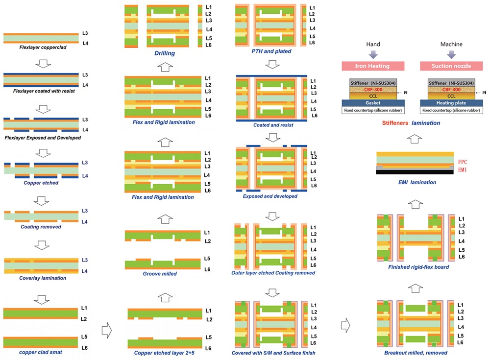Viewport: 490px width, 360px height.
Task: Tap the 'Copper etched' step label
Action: coord(41,182)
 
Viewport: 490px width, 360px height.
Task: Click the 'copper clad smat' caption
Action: coord(40,352)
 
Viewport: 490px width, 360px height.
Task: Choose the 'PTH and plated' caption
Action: coord(271,51)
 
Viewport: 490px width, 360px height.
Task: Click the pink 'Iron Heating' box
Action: coord(372,66)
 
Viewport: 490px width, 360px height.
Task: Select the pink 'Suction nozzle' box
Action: coord(451,66)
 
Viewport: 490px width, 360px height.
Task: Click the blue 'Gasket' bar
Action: coord(373,103)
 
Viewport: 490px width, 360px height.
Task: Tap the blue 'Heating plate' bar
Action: coord(451,103)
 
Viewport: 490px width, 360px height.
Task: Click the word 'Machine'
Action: coord(451,45)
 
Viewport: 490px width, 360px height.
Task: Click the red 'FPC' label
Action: coord(463,161)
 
